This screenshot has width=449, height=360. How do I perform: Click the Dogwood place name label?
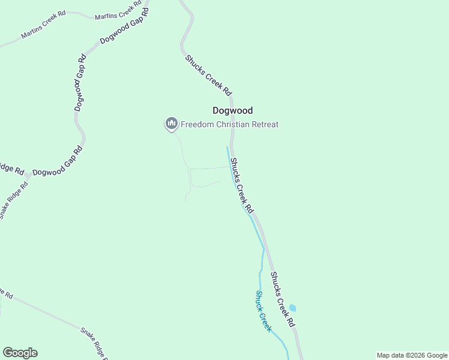[232, 110]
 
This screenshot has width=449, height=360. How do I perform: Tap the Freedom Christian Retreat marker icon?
[171, 124]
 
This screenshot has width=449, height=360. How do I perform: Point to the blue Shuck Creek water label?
[264, 311]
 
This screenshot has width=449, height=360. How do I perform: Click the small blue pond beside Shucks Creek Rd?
[292, 308]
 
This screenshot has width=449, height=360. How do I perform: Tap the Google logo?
[20, 353]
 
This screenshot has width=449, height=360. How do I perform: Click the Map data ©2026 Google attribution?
[412, 355]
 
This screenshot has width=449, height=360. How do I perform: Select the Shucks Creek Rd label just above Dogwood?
[208, 76]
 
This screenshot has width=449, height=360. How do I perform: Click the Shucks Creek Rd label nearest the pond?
[283, 299]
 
